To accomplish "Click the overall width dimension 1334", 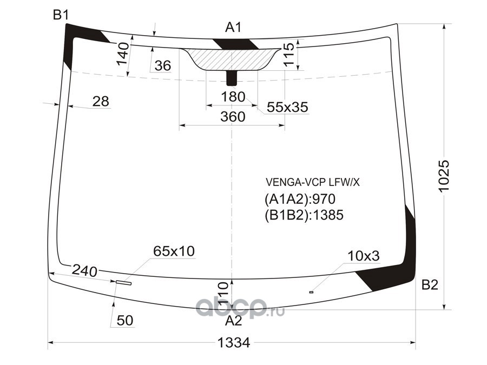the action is tap(234, 342).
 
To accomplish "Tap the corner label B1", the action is tap(61, 15).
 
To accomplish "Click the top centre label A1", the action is tap(233, 28).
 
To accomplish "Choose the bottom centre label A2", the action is tap(234, 321).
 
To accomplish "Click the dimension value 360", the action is tap(233, 116).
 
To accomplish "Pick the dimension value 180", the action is tap(233, 97).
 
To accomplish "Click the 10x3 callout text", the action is tap(363, 256).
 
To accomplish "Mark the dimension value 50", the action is tap(124, 321).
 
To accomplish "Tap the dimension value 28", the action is tap(100, 101).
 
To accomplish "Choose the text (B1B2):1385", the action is tap(304, 215).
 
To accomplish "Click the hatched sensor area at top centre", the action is tap(233, 58).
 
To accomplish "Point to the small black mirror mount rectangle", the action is tap(232, 78).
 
